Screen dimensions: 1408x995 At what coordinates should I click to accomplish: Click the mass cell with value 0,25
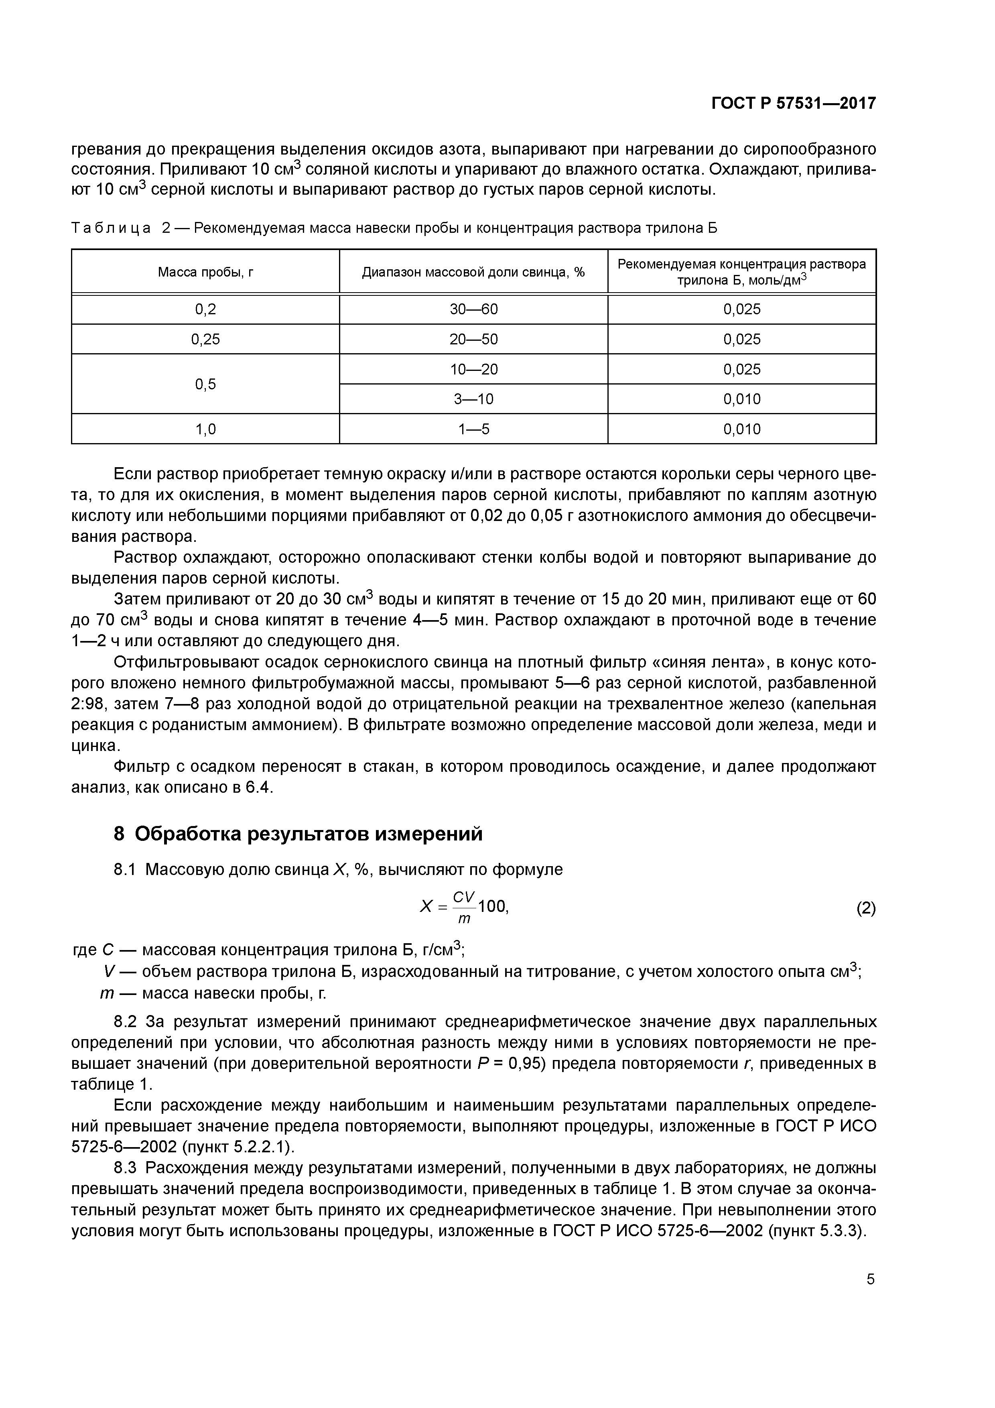pyautogui.click(x=205, y=339)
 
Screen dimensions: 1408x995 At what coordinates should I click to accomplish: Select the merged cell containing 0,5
pyautogui.click(x=205, y=384)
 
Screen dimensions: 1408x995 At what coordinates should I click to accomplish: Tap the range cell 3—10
pyautogui.click(x=473, y=399)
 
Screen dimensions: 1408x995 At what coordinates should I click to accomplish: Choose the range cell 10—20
pyautogui.click(x=473, y=369)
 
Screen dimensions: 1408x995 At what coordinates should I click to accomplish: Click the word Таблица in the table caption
pyautogui.click(x=111, y=228)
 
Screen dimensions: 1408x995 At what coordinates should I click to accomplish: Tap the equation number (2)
pyautogui.click(x=866, y=907)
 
